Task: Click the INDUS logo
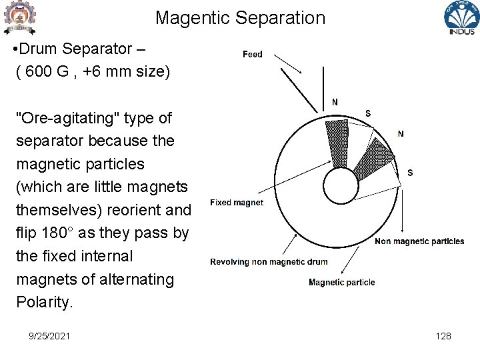click(461, 18)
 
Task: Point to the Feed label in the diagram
click(253, 54)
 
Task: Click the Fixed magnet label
click(237, 203)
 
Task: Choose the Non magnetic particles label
click(419, 241)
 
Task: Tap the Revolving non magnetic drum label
click(269, 262)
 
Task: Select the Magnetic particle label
click(341, 282)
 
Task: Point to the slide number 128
click(443, 336)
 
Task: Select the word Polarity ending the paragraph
click(43, 302)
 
